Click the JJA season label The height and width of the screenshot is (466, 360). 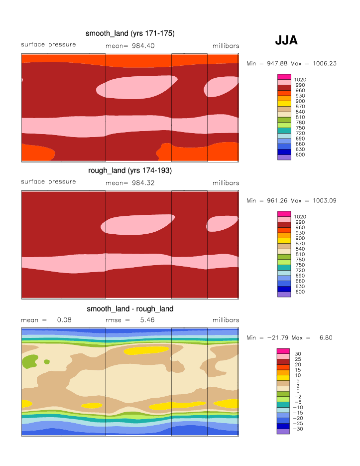point(286,40)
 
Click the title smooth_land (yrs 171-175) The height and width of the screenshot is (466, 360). point(130,33)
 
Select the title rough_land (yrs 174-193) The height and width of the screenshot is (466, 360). point(130,170)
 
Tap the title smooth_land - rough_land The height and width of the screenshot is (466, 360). point(130,309)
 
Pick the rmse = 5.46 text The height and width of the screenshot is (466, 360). point(130,320)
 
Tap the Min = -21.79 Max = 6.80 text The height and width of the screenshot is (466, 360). point(290,337)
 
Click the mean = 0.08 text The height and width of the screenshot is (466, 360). point(46,320)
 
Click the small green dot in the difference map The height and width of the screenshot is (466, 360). point(47,361)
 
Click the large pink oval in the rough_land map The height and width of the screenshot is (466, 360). point(137,224)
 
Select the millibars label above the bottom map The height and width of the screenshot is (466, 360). point(226,320)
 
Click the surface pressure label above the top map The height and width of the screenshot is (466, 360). point(48,45)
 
